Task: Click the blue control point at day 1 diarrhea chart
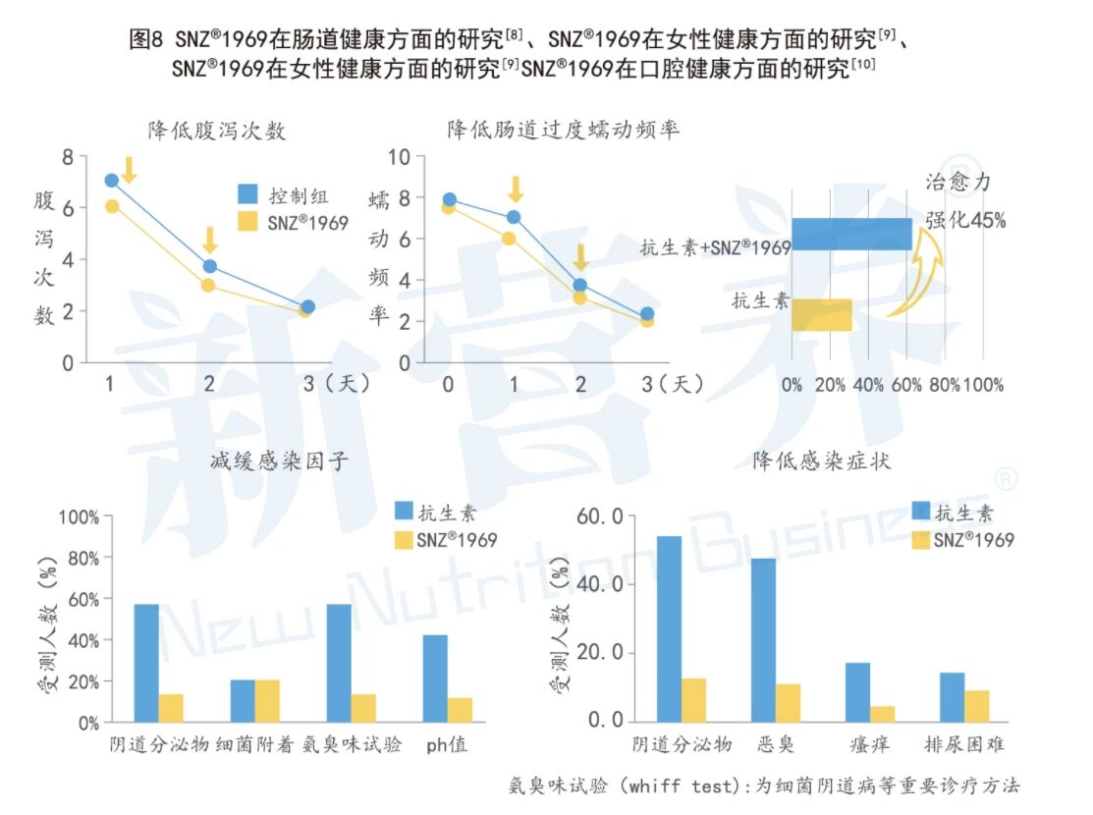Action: [111, 181]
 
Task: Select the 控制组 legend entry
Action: [292, 195]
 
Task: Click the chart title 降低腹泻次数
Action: [217, 131]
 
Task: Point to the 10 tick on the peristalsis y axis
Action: [399, 157]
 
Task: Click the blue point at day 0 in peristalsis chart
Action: [449, 200]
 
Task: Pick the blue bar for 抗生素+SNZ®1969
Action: [851, 234]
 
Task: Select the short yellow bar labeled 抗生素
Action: [821, 314]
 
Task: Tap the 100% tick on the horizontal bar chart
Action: [983, 386]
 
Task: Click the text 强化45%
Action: [965, 221]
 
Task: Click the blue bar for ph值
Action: [435, 679]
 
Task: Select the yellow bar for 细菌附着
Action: [267, 701]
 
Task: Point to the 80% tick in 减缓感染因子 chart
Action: [80, 558]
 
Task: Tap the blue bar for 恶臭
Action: [764, 639]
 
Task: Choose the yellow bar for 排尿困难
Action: [976, 705]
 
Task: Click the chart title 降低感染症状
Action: [822, 461]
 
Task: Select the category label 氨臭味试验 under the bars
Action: [352, 745]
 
